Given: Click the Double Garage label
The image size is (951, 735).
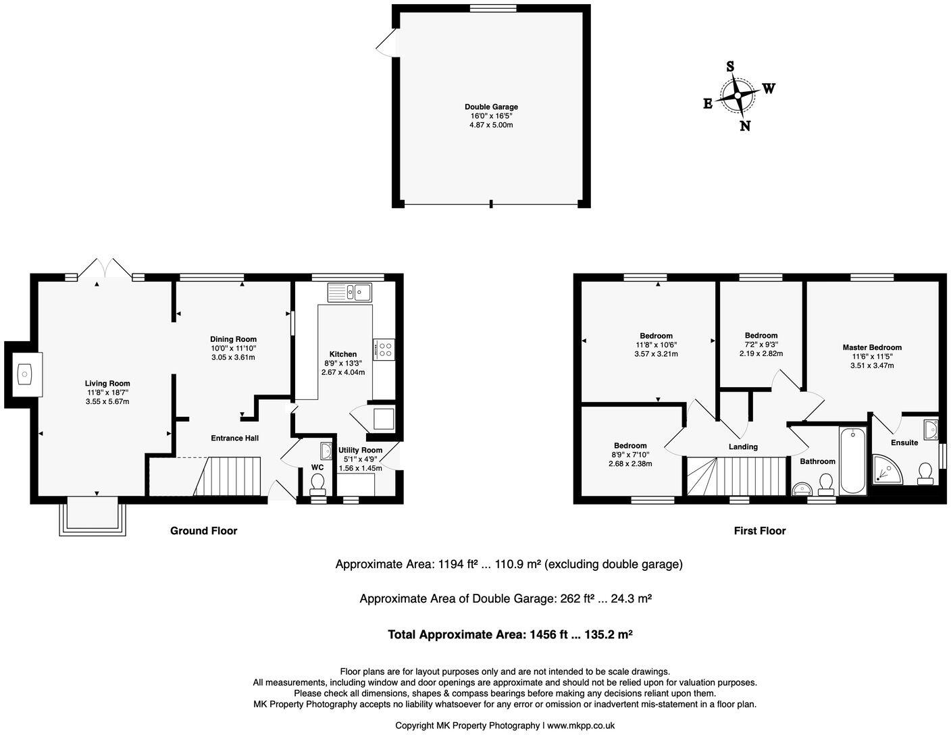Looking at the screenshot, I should point(491,107).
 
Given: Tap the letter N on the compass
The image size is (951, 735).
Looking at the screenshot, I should point(745,126).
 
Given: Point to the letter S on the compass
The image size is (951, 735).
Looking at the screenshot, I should point(730,66).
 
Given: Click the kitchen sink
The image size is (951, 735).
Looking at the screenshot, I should point(350,293).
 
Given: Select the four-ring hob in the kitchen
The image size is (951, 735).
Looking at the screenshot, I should point(384,349).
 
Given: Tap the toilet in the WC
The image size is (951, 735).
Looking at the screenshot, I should point(317,483).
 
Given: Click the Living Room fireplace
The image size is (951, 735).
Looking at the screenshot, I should point(25,374).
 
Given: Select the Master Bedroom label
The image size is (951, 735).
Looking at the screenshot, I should point(871,348).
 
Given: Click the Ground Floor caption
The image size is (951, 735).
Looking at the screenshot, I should point(203,531).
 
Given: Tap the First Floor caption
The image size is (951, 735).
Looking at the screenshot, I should point(760,531).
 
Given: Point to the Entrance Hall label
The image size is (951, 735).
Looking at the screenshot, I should point(234,438).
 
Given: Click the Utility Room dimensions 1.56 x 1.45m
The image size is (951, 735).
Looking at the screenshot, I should point(360,468).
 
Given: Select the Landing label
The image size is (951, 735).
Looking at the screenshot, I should point(743,447).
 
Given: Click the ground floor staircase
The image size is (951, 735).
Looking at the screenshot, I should point(228,476).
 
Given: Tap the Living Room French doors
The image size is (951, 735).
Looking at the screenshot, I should point(104,269).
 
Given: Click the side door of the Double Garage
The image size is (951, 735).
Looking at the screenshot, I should point(386,46).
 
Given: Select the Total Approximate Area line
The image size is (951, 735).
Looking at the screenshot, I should point(510,635).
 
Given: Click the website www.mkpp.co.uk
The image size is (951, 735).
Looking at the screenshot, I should point(580,726).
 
